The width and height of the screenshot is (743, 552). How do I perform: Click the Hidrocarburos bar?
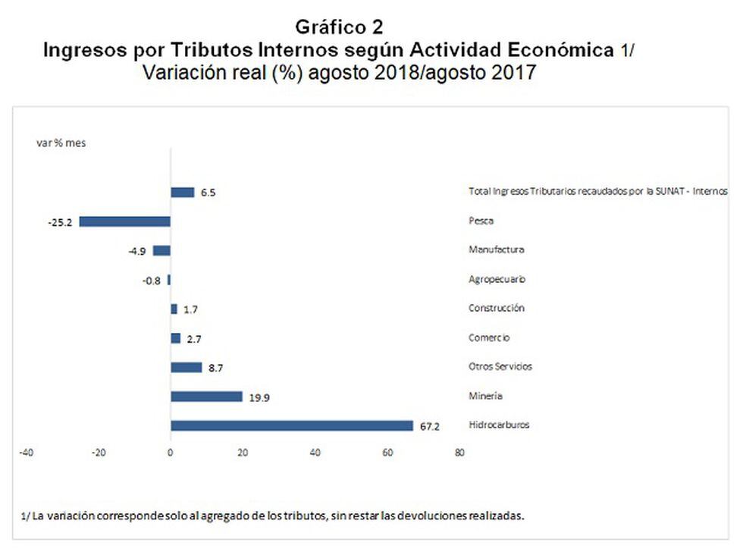[292, 425]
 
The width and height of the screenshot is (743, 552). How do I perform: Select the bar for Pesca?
[125, 221]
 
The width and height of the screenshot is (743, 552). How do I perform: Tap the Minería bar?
[206, 397]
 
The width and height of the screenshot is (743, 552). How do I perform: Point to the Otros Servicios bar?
[187, 367]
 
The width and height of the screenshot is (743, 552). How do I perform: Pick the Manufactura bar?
[161, 250]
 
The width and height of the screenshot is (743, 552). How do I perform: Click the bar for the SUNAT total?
[183, 193]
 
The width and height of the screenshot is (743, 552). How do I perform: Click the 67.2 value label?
[429, 426]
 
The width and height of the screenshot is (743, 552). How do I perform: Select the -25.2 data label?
[59, 222]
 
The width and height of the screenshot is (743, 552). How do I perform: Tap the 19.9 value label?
[259, 397]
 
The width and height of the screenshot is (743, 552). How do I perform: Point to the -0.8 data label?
[151, 280]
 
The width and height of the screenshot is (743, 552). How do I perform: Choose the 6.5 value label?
[208, 193]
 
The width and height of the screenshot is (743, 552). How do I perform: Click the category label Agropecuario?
[497, 279]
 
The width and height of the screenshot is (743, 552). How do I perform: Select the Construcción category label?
[497, 309]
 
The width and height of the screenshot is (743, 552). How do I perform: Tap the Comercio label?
[489, 337]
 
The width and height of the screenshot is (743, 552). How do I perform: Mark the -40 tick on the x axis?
[26, 453]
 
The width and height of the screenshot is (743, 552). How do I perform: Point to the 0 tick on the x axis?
[171, 453]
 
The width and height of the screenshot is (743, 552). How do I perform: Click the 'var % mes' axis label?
[61, 143]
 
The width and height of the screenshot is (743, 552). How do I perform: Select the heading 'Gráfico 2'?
[339, 28]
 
